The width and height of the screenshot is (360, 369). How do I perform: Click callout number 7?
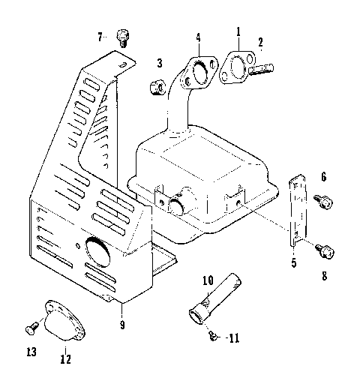click(x=100, y=36)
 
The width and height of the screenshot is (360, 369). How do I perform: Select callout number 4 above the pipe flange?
click(x=198, y=37)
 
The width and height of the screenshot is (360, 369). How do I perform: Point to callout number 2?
click(x=260, y=43)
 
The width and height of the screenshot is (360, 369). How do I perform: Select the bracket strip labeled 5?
click(x=297, y=211)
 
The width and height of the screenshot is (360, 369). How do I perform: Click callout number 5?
click(x=293, y=262)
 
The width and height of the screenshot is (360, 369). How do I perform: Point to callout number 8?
click(x=324, y=276)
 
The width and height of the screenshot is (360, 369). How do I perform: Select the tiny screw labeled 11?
click(x=214, y=337)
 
